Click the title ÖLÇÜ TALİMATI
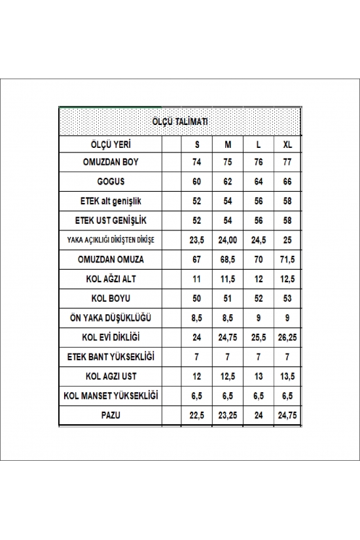[180, 121]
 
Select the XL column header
[288, 144]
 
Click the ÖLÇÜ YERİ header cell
[110, 144]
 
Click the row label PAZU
[110, 415]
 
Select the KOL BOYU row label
[110, 298]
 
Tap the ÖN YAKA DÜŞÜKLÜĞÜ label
[110, 318]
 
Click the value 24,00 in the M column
[228, 240]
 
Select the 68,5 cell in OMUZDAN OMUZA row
[228, 260]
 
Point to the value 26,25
[288, 338]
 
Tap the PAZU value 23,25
[228, 415]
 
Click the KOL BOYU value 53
[288, 298]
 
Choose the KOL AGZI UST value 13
[258, 376]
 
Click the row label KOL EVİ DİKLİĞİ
[110, 338]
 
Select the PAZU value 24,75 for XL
[288, 415]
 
